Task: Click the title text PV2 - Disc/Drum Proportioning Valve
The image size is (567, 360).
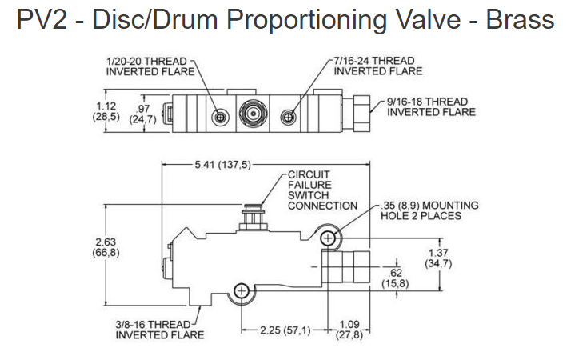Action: pyautogui.click(x=285, y=20)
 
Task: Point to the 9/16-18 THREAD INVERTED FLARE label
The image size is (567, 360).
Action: pyautogui.click(x=431, y=106)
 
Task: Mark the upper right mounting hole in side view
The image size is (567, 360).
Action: pyautogui.click(x=327, y=238)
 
